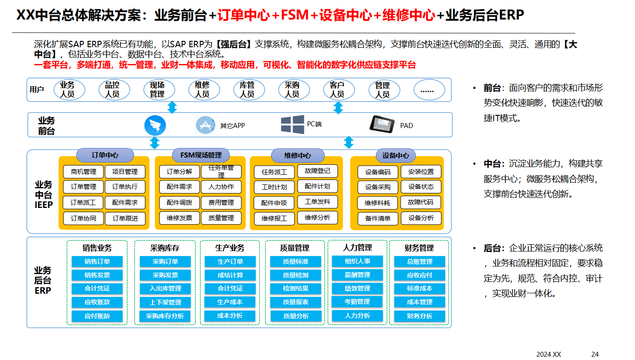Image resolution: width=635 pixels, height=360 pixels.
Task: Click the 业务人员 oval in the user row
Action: click(67, 89)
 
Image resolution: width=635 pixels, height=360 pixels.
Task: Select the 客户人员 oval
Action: click(337, 89)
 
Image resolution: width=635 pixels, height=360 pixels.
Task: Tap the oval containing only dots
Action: click(427, 90)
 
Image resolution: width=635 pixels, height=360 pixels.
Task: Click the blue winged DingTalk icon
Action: click(155, 125)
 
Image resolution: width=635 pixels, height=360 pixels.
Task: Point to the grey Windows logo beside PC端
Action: click(292, 124)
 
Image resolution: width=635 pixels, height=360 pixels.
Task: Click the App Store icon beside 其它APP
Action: click(205, 125)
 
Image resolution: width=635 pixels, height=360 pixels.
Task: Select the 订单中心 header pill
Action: click(105, 155)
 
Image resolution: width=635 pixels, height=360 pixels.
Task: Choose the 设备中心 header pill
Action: click(396, 155)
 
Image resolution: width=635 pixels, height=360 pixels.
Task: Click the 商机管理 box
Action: click(83, 172)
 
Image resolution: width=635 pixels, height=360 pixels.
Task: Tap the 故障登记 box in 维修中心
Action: click(317, 171)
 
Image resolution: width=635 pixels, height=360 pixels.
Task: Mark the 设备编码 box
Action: click(378, 173)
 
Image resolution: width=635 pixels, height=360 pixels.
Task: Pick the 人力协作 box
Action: click(221, 187)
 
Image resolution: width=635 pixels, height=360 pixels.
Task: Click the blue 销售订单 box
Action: click(97, 261)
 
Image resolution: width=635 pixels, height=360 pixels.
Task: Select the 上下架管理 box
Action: click(165, 302)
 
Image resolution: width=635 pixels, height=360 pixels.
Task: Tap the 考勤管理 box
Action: click(357, 301)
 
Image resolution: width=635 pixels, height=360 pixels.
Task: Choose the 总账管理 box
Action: click(419, 261)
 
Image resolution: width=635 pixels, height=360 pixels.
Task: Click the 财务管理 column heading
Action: click(419, 248)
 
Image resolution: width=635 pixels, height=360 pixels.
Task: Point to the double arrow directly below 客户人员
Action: click(338, 108)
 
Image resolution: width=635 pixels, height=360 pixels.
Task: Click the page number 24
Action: click(595, 354)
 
